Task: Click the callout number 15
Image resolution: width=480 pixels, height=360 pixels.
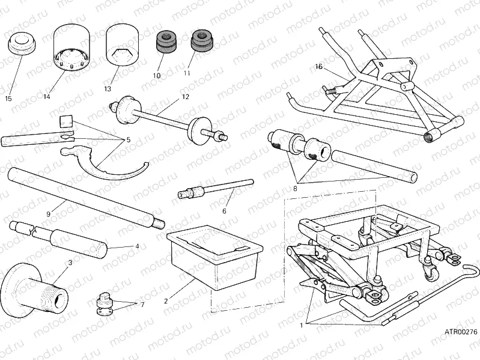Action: point(8,99)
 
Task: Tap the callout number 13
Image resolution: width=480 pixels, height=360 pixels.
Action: point(108,88)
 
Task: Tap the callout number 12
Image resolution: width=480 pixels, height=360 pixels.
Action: point(185,96)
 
